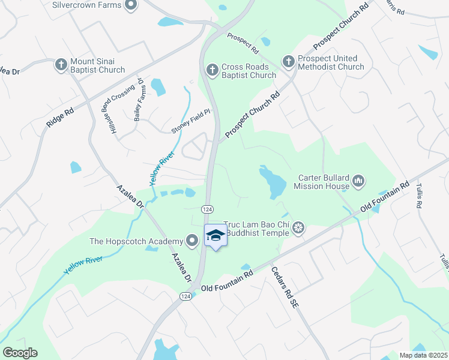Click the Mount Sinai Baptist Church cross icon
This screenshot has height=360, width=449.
point(61,65)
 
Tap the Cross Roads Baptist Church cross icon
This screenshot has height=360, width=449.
point(211,70)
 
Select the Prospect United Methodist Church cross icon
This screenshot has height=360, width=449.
point(288,62)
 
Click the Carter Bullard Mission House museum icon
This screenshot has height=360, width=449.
point(359,181)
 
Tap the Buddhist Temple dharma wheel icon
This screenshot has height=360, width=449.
point(299,227)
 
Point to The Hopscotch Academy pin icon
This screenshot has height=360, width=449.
point(192,241)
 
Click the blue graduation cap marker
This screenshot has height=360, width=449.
point(216,236)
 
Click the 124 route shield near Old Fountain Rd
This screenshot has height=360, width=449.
point(185,296)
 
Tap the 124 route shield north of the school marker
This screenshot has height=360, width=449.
point(205,208)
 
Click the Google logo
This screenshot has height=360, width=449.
point(20,353)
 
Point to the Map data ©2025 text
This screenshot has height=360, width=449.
point(424,355)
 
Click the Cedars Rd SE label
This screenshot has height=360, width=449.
point(285,287)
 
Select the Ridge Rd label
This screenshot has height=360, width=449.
point(60,117)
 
